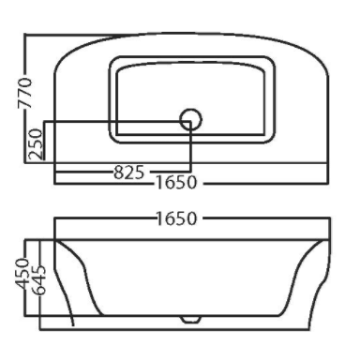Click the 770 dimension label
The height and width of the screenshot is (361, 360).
(25, 93)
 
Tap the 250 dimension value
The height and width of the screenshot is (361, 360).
(35, 144)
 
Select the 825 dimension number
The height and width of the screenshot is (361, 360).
(129, 173)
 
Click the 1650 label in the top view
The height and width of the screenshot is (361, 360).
(176, 182)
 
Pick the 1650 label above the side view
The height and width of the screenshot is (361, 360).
(176, 218)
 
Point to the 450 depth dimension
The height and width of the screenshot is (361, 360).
(22, 273)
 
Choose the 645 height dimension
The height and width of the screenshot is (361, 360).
(39, 280)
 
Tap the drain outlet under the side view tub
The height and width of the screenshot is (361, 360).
(190, 319)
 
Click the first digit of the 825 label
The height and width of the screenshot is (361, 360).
(118, 173)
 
